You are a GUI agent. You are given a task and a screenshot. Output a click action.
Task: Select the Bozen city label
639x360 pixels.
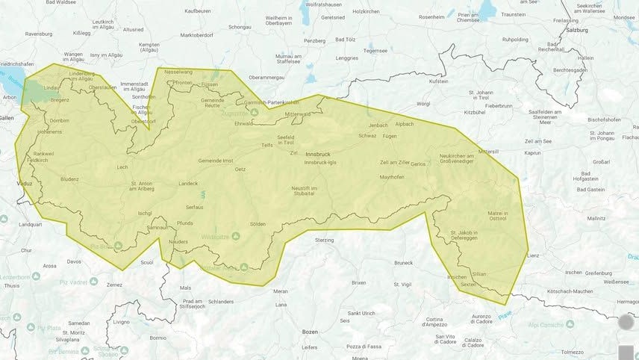pyautogui.click(x=310, y=331)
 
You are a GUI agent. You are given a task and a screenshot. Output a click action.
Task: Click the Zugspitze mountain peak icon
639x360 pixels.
pyautogui.click(x=254, y=112)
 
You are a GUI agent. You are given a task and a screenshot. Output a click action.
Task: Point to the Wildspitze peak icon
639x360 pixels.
pyautogui.click(x=236, y=236)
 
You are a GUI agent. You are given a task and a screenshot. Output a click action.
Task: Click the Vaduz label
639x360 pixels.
pyautogui.click(x=24, y=181)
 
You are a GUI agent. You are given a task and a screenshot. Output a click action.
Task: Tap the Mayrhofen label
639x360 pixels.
pyautogui.click(x=392, y=177)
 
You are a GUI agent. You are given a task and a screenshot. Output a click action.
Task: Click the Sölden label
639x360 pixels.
pyautogui.click(x=258, y=223)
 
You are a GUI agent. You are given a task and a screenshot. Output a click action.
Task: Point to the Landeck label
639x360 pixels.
pyautogui.click(x=188, y=183)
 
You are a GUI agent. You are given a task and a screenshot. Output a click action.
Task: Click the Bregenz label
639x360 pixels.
pyautogui.click(x=60, y=99)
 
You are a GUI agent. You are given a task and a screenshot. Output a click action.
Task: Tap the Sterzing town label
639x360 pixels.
pyautogui.click(x=325, y=241)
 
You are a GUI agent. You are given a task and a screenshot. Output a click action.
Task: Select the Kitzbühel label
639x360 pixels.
pyautogui.click(x=475, y=112)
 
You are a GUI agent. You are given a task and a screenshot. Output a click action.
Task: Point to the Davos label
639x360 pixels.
pyautogui.click(x=75, y=261)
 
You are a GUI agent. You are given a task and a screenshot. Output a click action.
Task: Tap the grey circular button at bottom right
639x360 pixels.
pyautogui.click(x=626, y=323)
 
